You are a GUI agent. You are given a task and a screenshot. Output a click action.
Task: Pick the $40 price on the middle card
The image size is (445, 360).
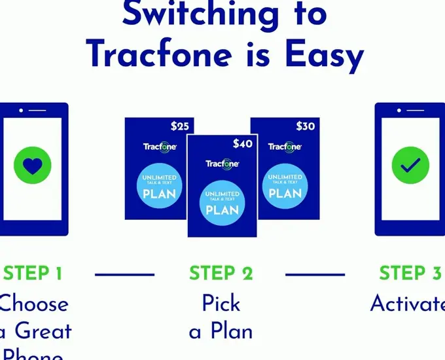[x=242, y=143]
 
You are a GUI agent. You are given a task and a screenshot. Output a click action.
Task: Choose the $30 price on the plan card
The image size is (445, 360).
[x=305, y=126]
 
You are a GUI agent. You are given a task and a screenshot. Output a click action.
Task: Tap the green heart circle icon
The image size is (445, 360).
[x=32, y=166]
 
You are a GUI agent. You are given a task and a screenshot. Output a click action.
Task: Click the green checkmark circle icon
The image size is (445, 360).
[x=410, y=166]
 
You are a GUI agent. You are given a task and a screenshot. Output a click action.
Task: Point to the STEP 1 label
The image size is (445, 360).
[x=33, y=274]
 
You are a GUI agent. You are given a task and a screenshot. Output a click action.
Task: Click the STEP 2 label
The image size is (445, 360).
[x=221, y=274]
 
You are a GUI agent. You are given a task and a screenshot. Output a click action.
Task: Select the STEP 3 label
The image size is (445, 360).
[x=410, y=274]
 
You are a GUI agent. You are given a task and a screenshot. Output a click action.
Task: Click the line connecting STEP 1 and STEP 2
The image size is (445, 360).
[x=125, y=274]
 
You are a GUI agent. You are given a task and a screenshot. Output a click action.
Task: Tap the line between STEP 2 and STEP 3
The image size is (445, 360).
[x=315, y=274]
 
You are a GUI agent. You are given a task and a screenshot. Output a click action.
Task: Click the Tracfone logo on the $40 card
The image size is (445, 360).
[x=222, y=163]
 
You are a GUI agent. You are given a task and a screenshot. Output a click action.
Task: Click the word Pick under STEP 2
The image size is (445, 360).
[x=221, y=303]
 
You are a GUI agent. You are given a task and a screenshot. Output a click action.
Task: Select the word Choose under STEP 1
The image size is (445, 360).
[x=34, y=304]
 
